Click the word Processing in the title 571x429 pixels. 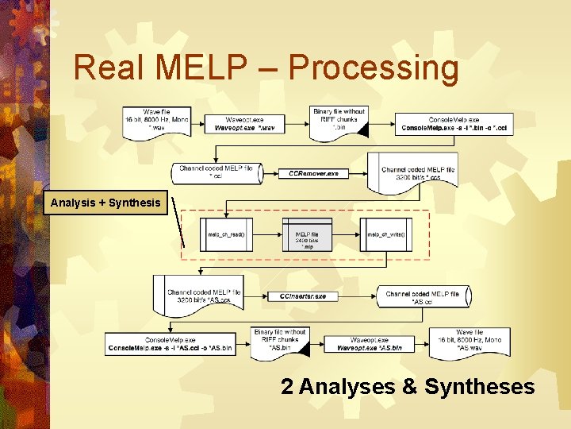[374, 68]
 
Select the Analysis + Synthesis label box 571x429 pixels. [105, 203]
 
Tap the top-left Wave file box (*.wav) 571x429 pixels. [155, 120]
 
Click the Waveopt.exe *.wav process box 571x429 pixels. [244, 124]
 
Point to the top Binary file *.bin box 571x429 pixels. [339, 120]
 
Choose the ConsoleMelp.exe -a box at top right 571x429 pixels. [453, 124]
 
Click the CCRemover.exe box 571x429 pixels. [313, 173]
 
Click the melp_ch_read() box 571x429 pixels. [226, 235]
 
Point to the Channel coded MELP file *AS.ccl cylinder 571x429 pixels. [423, 297]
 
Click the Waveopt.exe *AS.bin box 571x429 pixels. [369, 344]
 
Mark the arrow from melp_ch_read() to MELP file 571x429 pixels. [267, 235]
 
